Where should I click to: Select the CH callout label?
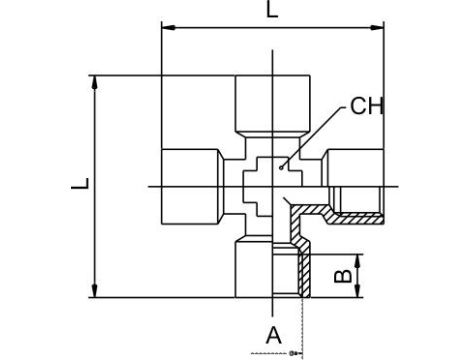coord(366,105)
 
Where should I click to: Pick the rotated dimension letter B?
coord(341,272)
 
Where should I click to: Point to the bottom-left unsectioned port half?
coord(255,270)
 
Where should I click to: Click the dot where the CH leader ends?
coord(284,165)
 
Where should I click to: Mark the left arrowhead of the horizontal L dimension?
coord(166,30)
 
